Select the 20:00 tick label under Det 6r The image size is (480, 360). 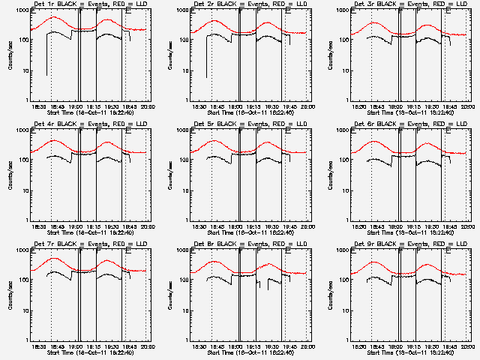[465, 226]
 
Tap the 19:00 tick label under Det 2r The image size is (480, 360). [235, 106]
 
